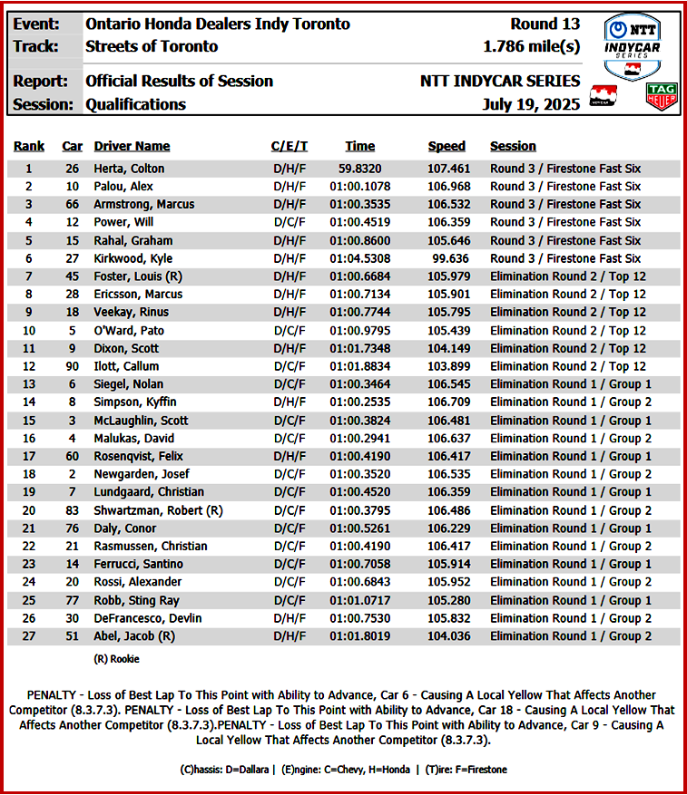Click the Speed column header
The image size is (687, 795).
(x=447, y=146)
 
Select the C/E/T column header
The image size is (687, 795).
(x=290, y=146)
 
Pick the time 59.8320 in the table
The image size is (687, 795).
(x=359, y=169)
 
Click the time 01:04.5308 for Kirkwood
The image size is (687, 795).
(x=359, y=258)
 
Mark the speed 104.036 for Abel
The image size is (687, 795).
(x=447, y=636)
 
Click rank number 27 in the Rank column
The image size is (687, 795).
(x=28, y=636)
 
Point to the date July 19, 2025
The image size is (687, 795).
(x=531, y=104)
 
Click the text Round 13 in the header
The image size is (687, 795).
(x=545, y=24)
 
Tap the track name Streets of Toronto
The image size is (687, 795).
(x=152, y=46)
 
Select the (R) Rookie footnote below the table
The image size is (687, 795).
(x=117, y=659)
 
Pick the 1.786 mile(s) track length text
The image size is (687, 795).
(x=532, y=46)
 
